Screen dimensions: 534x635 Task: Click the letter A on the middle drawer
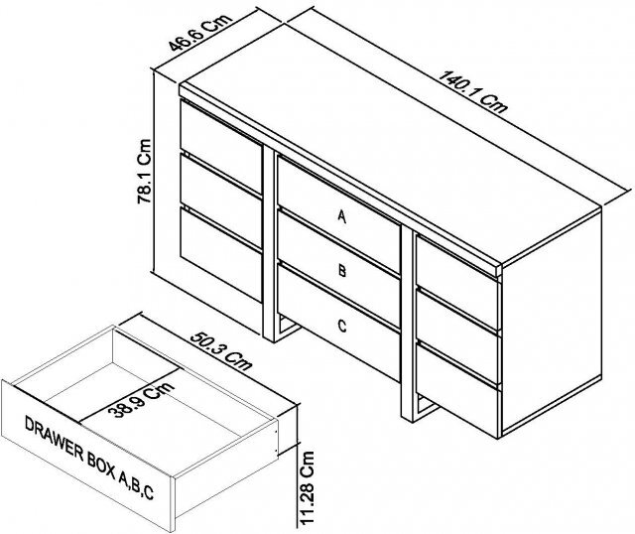click(342, 217)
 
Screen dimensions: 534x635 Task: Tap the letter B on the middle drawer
click(342, 269)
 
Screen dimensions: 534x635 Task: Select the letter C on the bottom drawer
click(342, 324)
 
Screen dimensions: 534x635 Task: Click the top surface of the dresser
click(387, 149)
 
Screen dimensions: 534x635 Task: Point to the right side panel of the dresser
click(551, 328)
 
